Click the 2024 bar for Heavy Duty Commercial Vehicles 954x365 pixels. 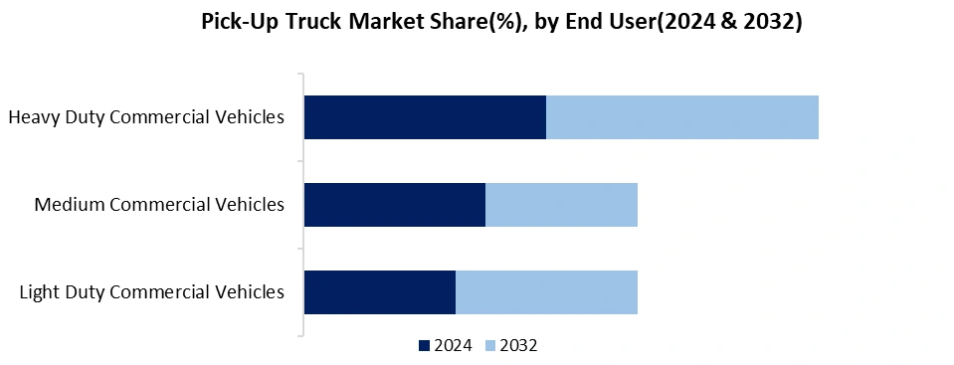pos(425,117)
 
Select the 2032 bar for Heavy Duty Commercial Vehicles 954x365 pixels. pos(682,117)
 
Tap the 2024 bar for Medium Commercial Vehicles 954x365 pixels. pos(395,205)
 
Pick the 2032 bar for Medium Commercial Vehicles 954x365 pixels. pos(561,205)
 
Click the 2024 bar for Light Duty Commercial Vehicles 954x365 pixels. pos(380,292)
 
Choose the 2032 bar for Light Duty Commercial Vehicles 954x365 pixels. pos(546,292)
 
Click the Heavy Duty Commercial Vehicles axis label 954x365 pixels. pos(146,117)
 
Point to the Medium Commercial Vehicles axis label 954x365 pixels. pos(159,205)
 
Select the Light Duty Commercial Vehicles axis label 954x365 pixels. pos(152,292)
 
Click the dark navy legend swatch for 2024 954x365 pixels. pos(425,346)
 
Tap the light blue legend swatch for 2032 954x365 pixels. pos(489,346)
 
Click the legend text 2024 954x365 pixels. pos(453,346)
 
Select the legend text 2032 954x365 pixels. pos(518,346)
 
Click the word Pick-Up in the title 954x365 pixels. pos(236,23)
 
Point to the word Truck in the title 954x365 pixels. pos(308,22)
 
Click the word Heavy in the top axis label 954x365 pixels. pos(33,117)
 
